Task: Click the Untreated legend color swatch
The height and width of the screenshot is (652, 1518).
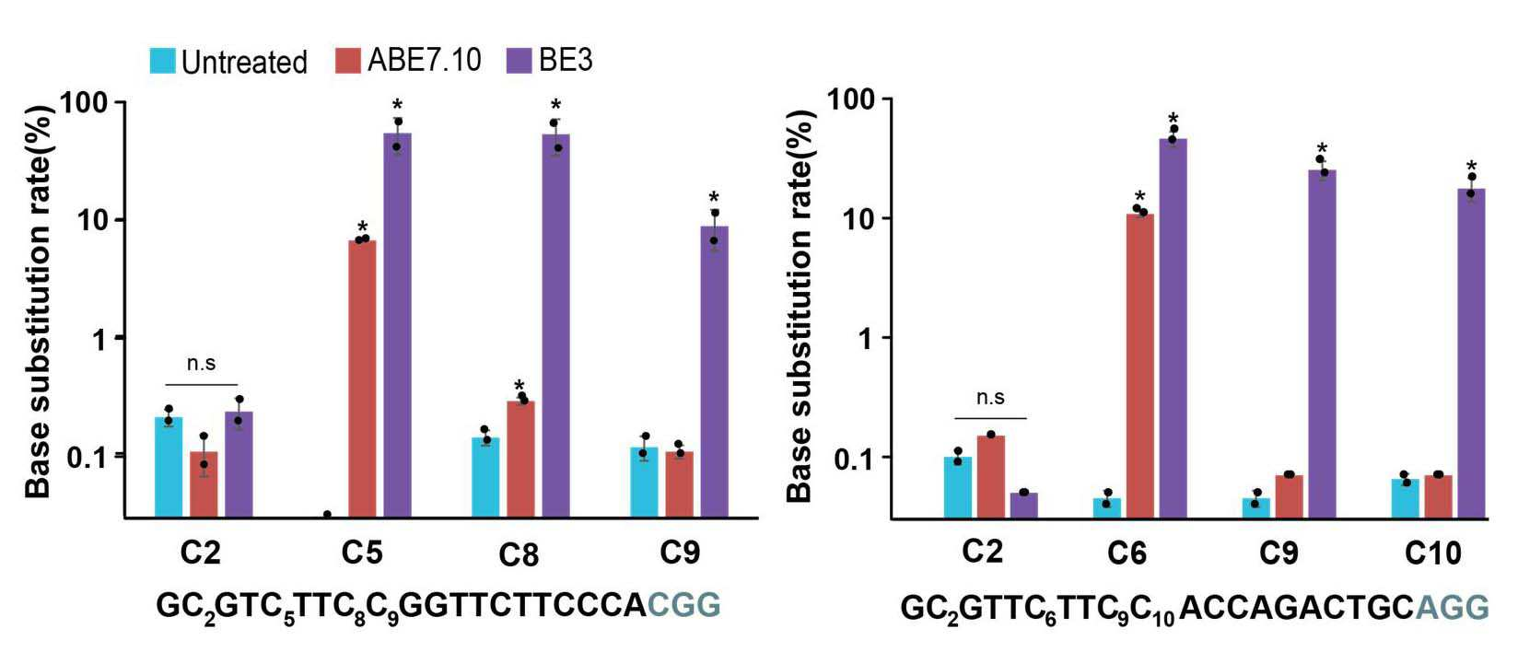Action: tap(163, 61)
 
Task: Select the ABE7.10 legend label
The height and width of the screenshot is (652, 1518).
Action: tap(425, 61)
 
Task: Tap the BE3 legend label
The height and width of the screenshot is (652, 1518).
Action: tap(566, 61)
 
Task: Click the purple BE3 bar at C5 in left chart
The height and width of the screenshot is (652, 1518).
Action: tap(397, 325)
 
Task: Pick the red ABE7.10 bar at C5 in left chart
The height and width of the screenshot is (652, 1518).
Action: tap(362, 379)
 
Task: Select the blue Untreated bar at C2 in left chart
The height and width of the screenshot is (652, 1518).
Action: tap(168, 468)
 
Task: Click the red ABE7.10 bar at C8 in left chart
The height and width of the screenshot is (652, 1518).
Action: tap(520, 460)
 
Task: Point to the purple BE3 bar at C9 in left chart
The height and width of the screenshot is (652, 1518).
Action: tap(714, 372)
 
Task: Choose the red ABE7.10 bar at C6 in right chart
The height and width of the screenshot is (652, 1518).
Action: tap(1139, 367)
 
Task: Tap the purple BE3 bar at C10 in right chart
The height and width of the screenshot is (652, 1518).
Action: tap(1471, 354)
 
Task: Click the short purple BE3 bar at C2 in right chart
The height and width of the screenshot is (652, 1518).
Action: tap(1024, 506)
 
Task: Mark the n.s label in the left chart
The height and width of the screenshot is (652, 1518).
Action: tap(202, 364)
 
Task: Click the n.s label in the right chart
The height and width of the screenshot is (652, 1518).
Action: tap(990, 398)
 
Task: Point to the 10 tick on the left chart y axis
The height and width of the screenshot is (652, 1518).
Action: tap(93, 220)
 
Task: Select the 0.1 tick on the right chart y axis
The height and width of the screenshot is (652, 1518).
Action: tap(855, 459)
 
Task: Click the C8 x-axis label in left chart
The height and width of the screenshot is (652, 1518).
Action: tap(519, 555)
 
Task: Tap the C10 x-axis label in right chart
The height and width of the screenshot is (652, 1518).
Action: tap(1432, 553)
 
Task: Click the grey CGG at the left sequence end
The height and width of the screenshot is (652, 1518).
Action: tap(683, 604)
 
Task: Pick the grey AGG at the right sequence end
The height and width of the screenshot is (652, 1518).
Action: tap(1453, 607)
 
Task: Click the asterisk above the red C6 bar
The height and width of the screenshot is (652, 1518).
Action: tap(1139, 196)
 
